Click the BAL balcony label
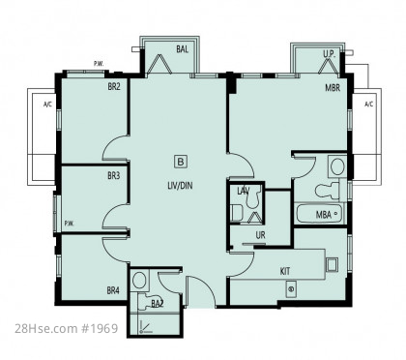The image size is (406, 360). coord(182,49)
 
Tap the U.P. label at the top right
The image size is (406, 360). coord(330,54)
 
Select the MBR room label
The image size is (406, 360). coord(333,87)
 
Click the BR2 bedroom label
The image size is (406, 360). coord(114,86)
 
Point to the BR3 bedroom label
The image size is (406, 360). coord(114,176)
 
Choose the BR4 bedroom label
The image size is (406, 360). coord(113,290)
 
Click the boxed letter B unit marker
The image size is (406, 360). coord(181,162)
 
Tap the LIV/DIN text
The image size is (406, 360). coord(180,186)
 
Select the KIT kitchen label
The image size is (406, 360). coord(285,271)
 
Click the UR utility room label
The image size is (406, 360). coord(260,235)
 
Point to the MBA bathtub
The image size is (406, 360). coord(319,213)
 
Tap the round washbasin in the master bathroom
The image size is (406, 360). coord(337,166)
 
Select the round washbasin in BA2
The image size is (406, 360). coord(139,281)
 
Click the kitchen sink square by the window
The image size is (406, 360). coord(332,264)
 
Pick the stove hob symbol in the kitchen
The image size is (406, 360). coord(291,288)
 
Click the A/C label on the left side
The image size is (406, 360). coord(47,105)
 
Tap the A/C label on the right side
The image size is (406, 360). coord(369,105)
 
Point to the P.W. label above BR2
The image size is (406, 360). coord(99,64)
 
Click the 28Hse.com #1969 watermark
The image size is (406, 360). coord(67,328)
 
